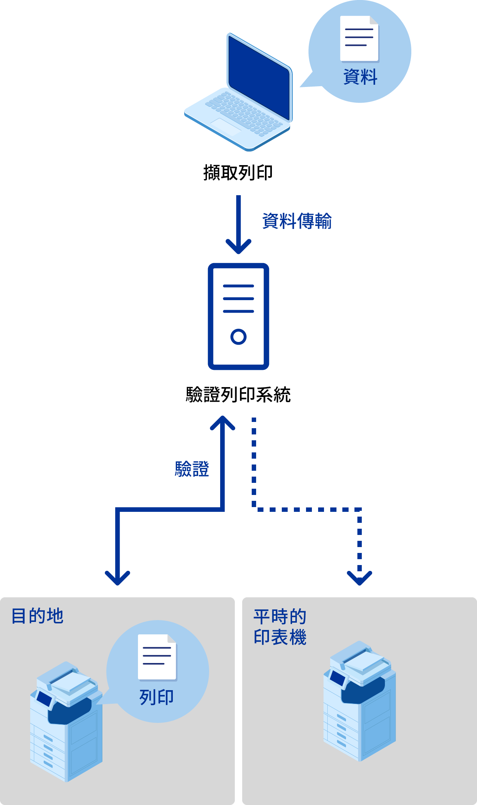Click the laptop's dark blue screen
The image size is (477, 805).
(x=259, y=77)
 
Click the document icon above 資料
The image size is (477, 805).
(x=359, y=39)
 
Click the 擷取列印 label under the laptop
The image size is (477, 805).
(x=238, y=172)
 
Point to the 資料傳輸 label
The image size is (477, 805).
(x=297, y=221)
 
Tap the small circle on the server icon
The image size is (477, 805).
(x=238, y=336)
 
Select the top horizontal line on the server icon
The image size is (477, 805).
(x=238, y=286)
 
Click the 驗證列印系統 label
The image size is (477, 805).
(x=238, y=395)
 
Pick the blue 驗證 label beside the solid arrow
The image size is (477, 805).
(x=192, y=469)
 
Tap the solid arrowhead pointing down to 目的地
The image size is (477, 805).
(x=117, y=578)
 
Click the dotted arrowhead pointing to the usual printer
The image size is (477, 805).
(x=360, y=578)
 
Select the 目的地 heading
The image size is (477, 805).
(x=37, y=616)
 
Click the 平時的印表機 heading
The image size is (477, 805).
(x=280, y=627)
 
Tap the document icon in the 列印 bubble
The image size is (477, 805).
(x=157, y=657)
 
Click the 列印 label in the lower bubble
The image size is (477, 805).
(x=157, y=697)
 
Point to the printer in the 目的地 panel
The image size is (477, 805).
(x=66, y=721)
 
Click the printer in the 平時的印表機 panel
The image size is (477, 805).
(x=360, y=701)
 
